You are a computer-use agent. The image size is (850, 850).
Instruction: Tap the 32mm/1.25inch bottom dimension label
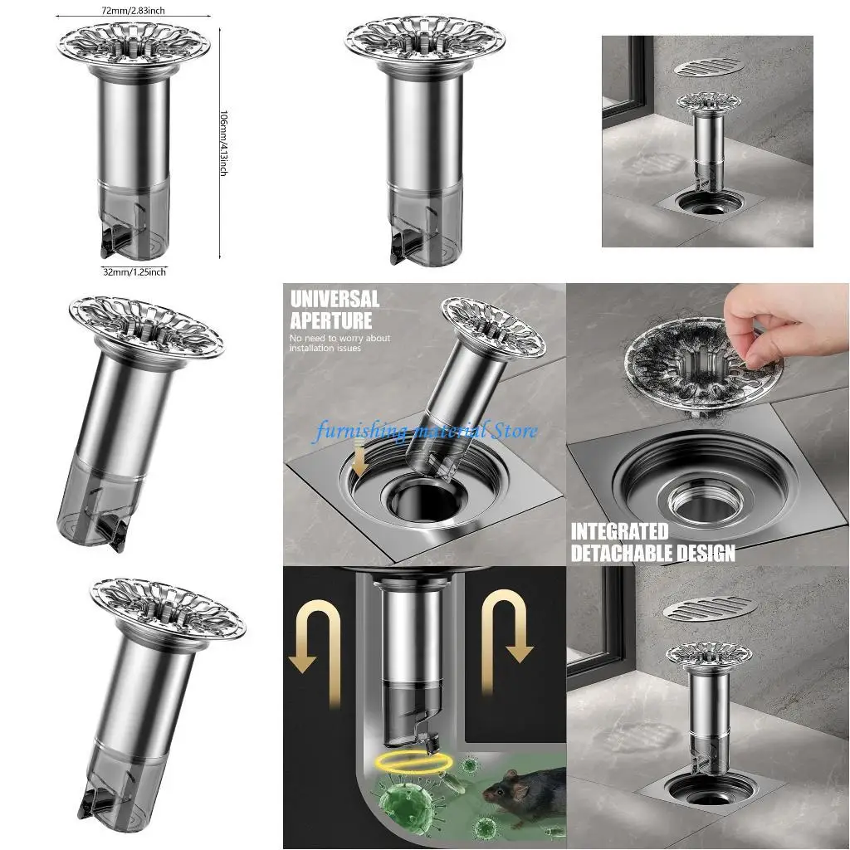point(134,271)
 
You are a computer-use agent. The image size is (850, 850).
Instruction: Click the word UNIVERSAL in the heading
point(335,299)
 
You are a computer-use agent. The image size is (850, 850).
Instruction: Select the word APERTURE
point(331,320)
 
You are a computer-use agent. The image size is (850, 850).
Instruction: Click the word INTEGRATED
point(619,531)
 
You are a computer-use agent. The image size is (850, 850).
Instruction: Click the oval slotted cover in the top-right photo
point(706,68)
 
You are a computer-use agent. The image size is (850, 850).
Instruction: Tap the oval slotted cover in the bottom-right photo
point(710,607)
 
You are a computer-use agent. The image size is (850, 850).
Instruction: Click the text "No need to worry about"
point(340,339)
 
